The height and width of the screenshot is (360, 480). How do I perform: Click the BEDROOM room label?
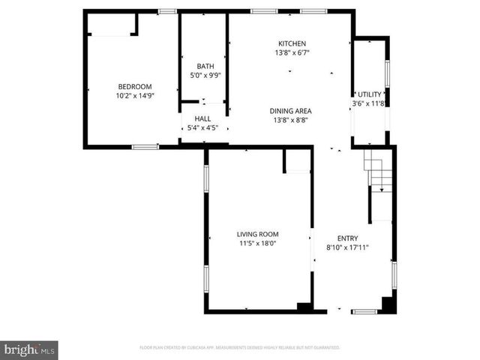click(x=134, y=86)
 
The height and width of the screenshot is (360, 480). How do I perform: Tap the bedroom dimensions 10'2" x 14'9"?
click(x=134, y=96)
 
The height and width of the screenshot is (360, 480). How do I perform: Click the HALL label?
click(x=202, y=118)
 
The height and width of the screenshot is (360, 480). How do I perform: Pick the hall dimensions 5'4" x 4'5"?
click(x=202, y=128)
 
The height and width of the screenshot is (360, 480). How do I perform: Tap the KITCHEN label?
click(x=292, y=43)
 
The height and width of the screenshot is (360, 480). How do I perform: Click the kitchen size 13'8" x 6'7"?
click(x=292, y=53)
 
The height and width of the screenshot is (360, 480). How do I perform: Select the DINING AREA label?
click(x=291, y=111)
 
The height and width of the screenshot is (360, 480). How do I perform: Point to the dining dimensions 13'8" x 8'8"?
click(x=291, y=120)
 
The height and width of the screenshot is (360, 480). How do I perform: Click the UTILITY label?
click(x=370, y=94)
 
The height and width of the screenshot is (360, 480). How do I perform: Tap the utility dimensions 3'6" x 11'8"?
click(x=369, y=103)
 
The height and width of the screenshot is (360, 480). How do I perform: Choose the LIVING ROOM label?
click(x=258, y=234)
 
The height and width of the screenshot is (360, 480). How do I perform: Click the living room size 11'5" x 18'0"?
click(x=258, y=244)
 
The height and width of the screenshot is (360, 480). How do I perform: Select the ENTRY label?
click(x=347, y=238)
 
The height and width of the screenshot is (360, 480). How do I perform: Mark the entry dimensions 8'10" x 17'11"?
click(x=347, y=248)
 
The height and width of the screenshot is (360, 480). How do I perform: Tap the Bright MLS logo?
click(x=29, y=349)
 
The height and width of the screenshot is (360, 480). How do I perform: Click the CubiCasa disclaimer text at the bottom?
click(x=240, y=348)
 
